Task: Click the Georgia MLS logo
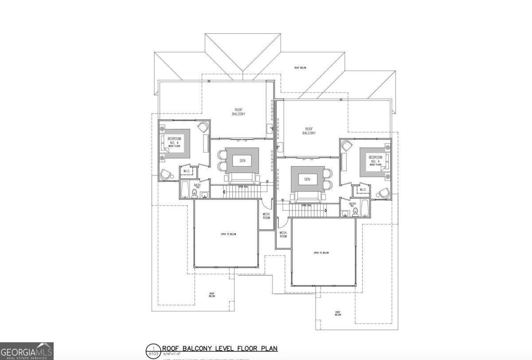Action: (27, 351)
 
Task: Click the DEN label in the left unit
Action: (242, 160)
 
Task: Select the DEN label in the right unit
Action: (307, 179)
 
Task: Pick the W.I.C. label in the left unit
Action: (187, 171)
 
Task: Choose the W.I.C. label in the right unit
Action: (363, 190)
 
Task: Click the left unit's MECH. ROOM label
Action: (266, 215)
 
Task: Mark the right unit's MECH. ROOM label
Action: (283, 235)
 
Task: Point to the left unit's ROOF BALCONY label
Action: (239, 112)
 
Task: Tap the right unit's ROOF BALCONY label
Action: (309, 131)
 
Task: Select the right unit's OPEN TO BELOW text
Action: (321, 253)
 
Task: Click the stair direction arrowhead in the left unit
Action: (224, 192)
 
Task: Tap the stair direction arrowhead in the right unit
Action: (326, 211)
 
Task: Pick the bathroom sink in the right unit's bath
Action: (345, 214)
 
